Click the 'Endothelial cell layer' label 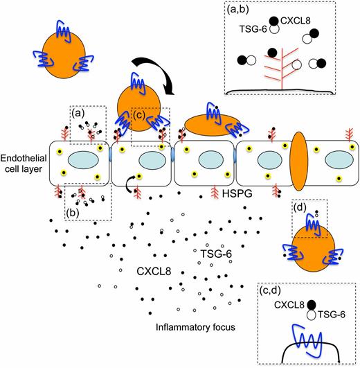23,162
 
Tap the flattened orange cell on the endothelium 210,125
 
